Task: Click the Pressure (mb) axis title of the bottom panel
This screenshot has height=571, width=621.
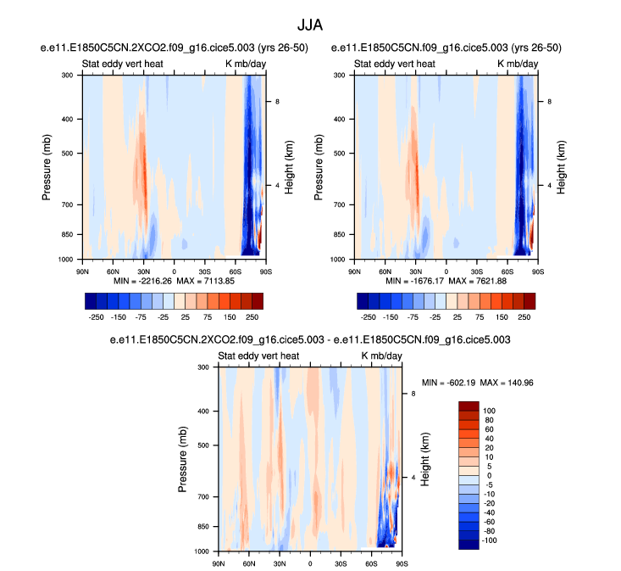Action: pyautogui.click(x=184, y=459)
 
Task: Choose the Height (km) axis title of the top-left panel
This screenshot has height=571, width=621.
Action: pyautogui.click(x=289, y=166)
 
